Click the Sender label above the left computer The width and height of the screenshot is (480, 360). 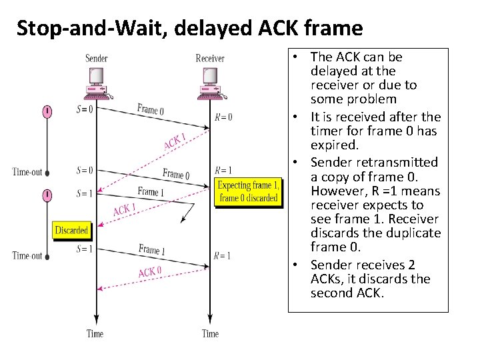click(96, 59)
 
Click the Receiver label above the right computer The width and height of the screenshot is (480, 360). click(210, 59)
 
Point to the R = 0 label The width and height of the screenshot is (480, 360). click(223, 117)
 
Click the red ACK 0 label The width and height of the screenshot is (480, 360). click(149, 272)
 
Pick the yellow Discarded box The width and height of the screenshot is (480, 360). click(71, 230)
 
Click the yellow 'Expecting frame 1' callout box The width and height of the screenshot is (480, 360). click(248, 191)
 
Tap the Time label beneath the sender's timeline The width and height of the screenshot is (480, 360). click(95, 333)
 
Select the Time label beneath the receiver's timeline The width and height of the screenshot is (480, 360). click(210, 333)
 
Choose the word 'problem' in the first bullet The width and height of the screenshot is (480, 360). click(370, 99)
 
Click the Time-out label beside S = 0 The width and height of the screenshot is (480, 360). click(27, 172)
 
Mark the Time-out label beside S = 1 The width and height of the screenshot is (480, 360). click(27, 255)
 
